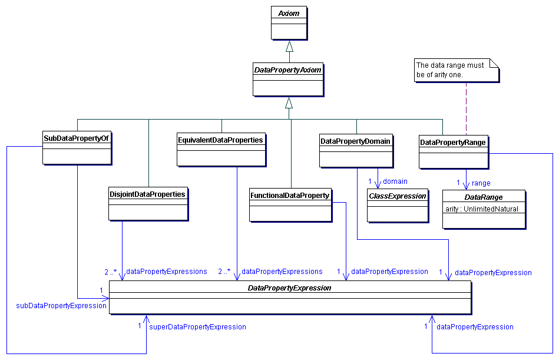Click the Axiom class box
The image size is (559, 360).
pos(289,24)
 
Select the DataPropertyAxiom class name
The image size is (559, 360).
pos(287,70)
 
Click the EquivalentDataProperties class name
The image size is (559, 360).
pos(220,140)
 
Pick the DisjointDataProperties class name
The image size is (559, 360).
pos(147,194)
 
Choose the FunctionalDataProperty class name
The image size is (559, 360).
pos(289,195)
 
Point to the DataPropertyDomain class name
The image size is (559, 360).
pos(355,141)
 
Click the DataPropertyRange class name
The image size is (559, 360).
pos(453,142)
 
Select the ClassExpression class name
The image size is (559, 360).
pos(397,196)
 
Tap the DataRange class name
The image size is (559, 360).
pos(483,197)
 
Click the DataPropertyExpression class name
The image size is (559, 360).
pos(289,288)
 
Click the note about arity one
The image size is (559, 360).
pos(455,70)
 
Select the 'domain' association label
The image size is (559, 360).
pos(395,181)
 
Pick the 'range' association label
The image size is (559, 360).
pos(481,183)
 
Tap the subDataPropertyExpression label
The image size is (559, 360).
pos(61,305)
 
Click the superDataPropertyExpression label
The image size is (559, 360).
pos(197,326)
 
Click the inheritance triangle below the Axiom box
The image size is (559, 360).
pos(289,46)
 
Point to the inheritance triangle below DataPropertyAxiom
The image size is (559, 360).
pos(289,103)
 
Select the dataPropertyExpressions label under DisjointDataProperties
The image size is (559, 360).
pos(167,272)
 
